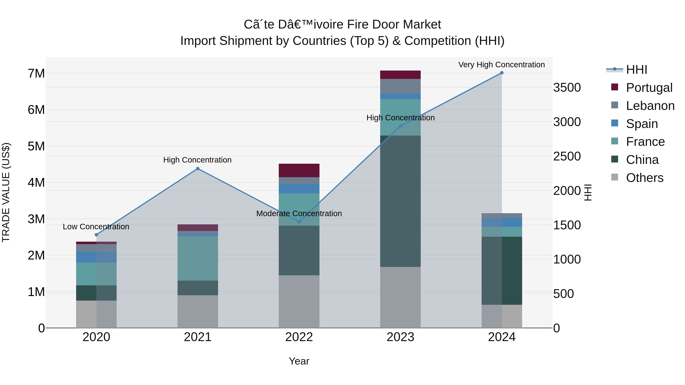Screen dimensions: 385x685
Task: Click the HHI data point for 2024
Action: click(x=502, y=73)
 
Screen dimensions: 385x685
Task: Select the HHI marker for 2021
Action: click(x=198, y=168)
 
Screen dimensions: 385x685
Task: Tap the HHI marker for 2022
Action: click(x=299, y=221)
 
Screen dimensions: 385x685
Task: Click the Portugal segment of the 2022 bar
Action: click(x=299, y=170)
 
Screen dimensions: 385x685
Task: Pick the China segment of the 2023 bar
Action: click(x=400, y=201)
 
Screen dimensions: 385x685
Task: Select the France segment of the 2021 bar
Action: click(x=198, y=258)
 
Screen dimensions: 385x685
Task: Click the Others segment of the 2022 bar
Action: click(x=299, y=301)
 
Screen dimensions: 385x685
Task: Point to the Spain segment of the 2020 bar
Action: click(x=96, y=257)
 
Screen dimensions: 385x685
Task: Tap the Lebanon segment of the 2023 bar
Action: click(x=400, y=86)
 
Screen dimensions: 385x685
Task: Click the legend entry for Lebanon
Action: click(x=650, y=106)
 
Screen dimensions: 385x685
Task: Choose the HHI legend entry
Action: click(x=636, y=70)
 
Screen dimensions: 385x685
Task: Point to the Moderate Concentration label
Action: click(x=299, y=213)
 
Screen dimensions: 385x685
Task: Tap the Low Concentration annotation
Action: click(x=96, y=227)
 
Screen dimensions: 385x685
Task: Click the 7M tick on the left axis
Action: click(x=36, y=74)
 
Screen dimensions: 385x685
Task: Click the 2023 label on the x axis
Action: click(x=400, y=337)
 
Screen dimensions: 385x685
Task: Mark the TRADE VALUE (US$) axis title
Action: click(x=6, y=192)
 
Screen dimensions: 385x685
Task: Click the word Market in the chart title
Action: click(x=422, y=25)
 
